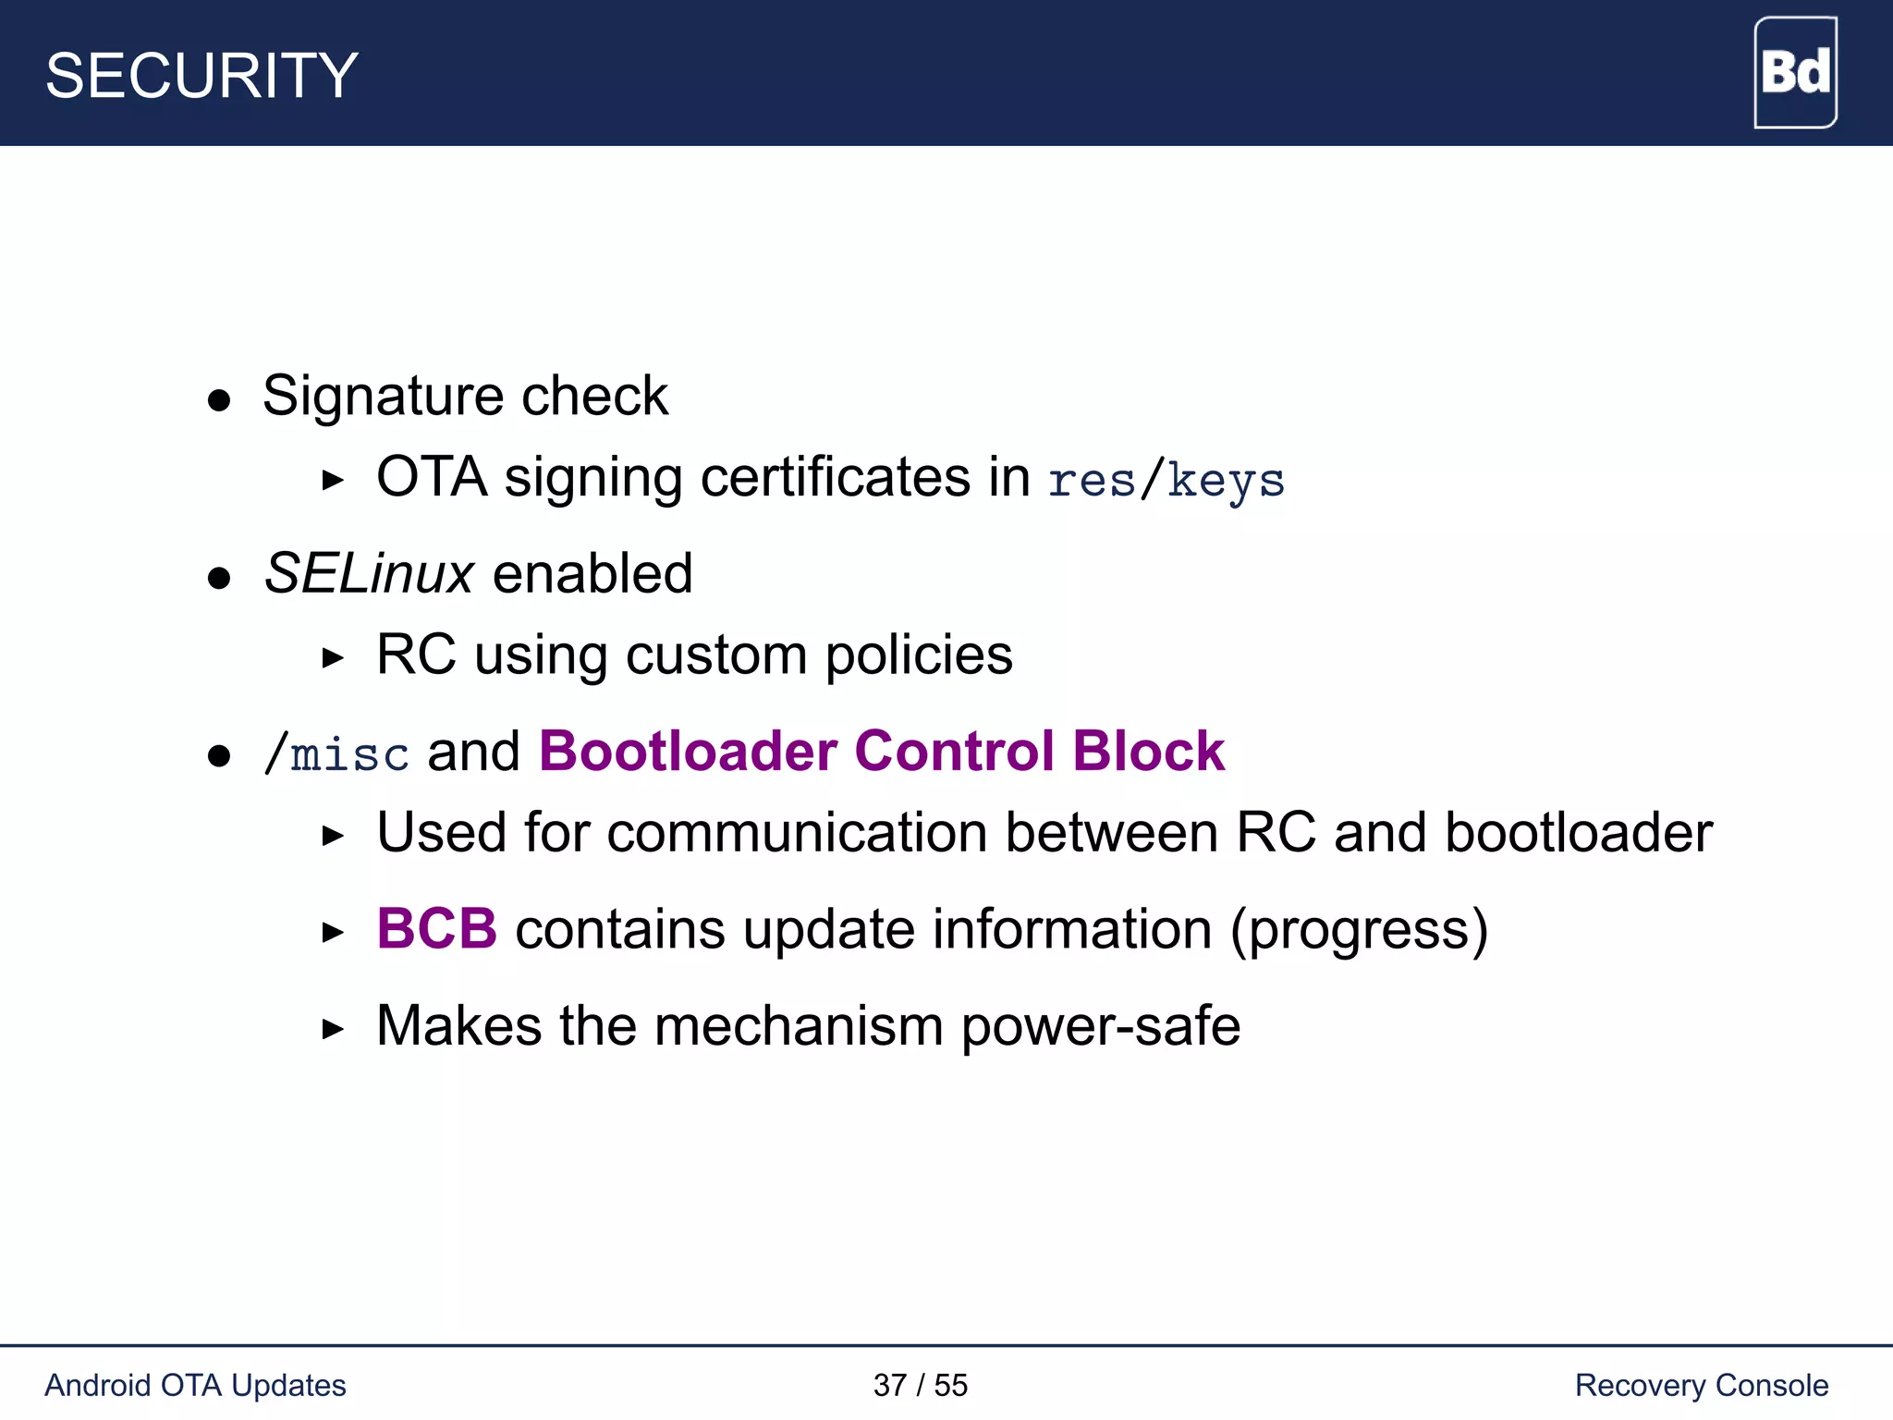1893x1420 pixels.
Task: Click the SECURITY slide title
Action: click(x=202, y=76)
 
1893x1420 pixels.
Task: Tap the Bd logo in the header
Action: click(x=1795, y=72)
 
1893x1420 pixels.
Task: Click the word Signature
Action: click(x=383, y=398)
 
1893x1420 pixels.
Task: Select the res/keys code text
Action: click(x=1166, y=481)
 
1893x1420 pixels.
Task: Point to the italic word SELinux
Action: click(x=369, y=574)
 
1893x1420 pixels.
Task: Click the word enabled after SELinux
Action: click(x=592, y=574)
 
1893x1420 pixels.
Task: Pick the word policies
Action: click(x=918, y=655)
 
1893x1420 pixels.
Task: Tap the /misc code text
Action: click(x=336, y=753)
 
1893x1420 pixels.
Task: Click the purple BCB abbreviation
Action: click(x=436, y=928)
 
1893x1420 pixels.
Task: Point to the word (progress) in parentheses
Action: click(x=1359, y=930)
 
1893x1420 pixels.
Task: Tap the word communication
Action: click(x=798, y=833)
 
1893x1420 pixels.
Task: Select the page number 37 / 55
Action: click(x=920, y=1385)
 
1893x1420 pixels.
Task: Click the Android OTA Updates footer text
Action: click(x=195, y=1385)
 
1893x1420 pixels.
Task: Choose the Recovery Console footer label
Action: click(x=1701, y=1385)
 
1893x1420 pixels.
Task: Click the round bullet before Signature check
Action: click(x=219, y=400)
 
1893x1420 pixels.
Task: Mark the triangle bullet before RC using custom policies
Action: click(x=333, y=658)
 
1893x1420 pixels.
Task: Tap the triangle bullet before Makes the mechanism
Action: click(x=333, y=1029)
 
